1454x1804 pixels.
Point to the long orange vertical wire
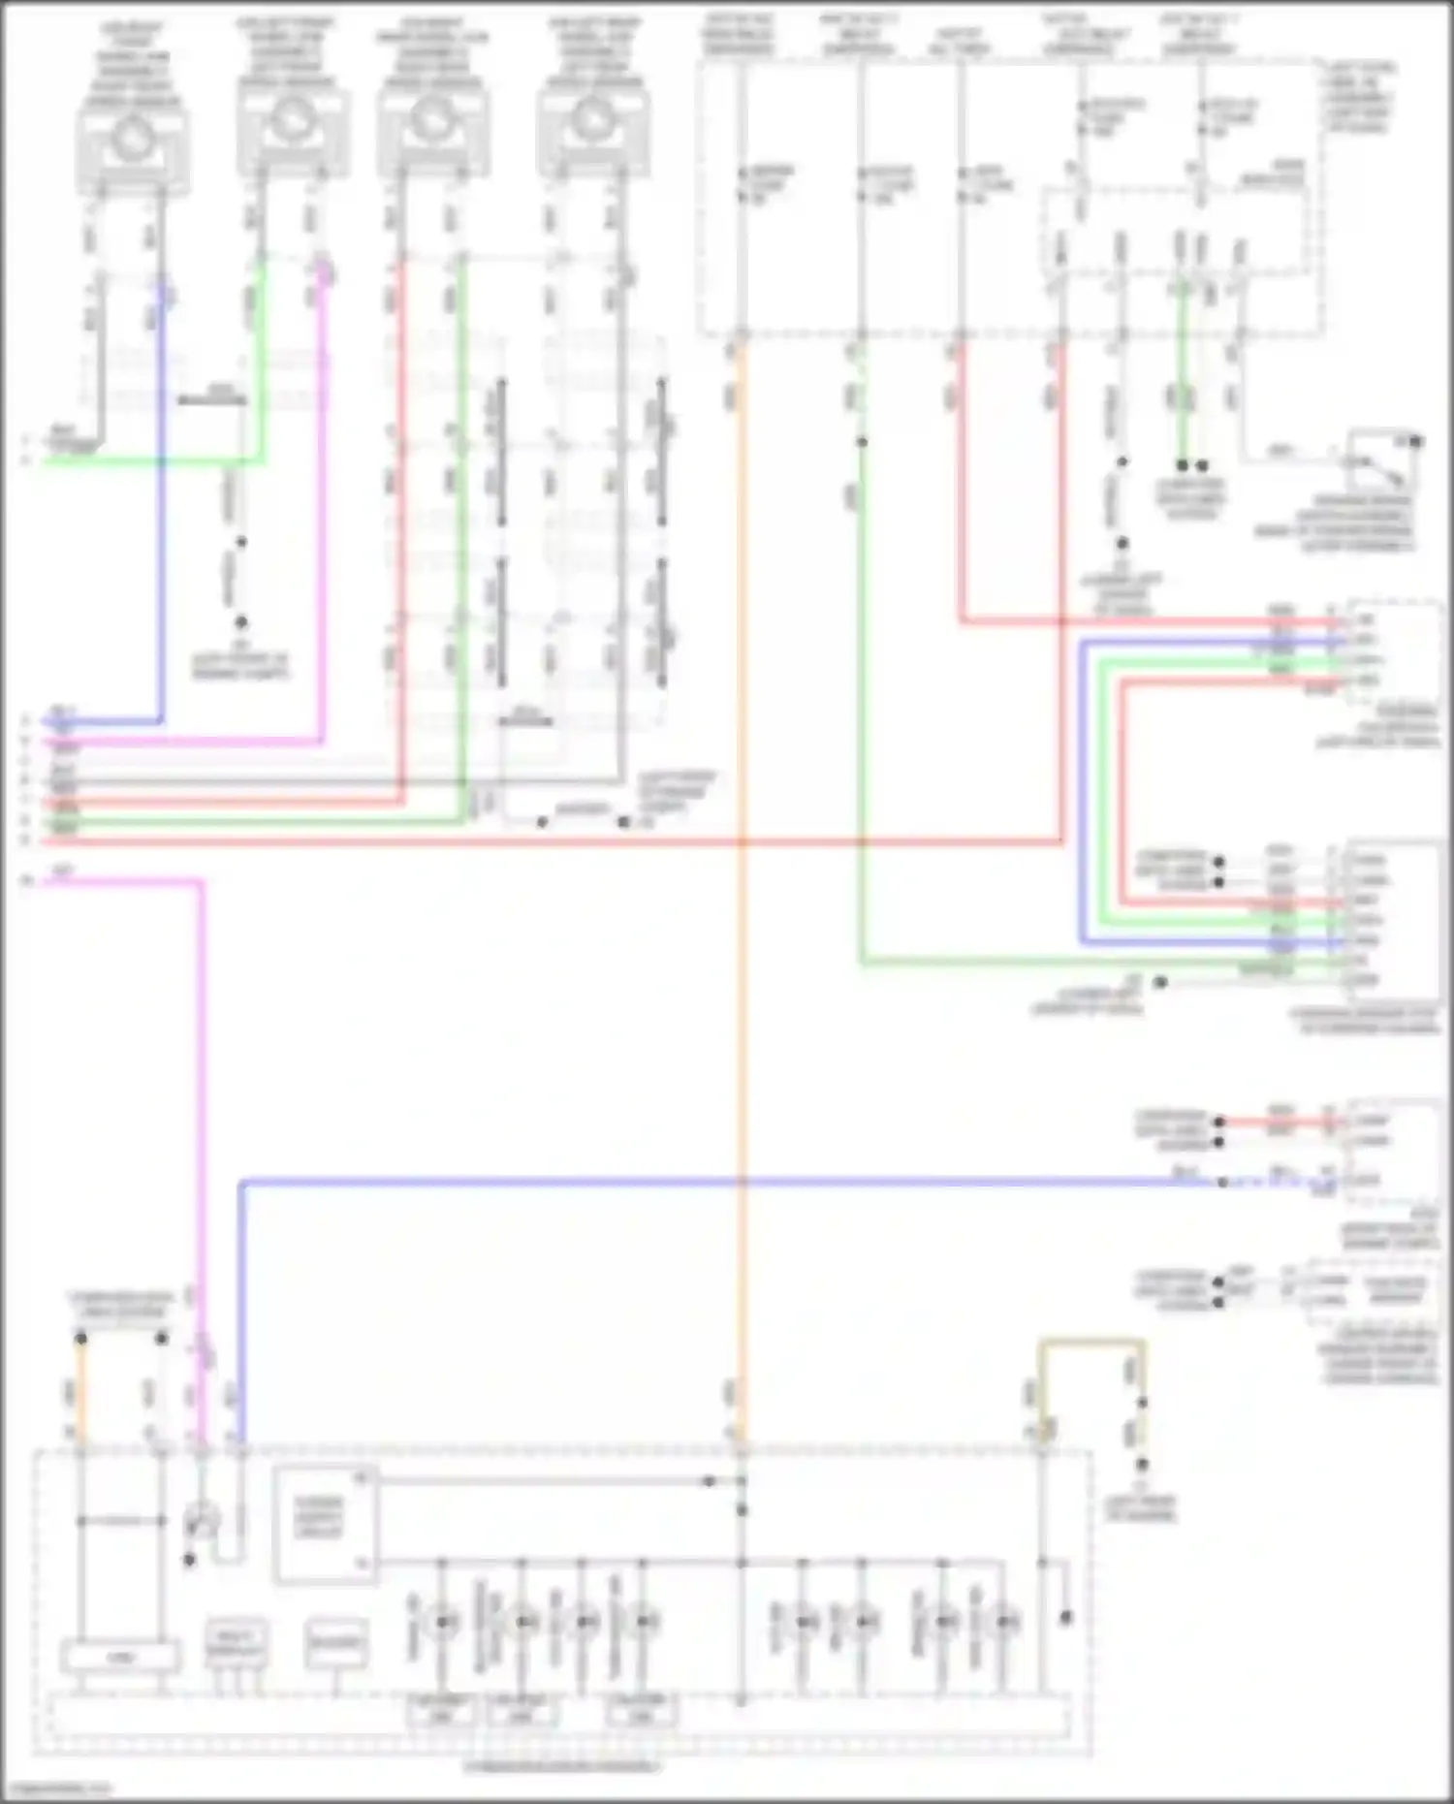741,872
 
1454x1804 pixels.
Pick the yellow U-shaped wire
1092,1344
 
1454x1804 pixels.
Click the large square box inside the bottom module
325,1525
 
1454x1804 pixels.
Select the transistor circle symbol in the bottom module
202,1522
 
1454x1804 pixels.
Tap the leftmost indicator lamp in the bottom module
443,1621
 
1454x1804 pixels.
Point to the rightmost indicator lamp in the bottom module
1008,1621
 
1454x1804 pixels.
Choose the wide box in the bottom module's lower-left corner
120,1657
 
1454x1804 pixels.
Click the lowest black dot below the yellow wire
1142,1465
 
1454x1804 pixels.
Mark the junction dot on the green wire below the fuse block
861,442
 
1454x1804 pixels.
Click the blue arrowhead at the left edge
29,722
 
